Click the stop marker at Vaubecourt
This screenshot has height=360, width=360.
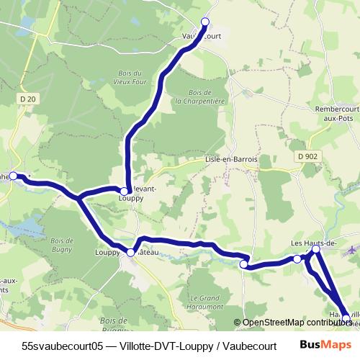[x=204, y=22]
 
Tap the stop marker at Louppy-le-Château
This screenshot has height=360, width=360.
[x=131, y=253]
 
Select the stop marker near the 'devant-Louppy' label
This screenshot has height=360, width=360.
[x=125, y=191]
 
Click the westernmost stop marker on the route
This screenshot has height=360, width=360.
[x=13, y=176]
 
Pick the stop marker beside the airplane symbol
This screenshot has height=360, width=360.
[x=315, y=249]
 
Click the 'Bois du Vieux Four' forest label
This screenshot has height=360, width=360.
[x=145, y=76]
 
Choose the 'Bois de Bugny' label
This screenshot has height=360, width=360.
[x=63, y=244]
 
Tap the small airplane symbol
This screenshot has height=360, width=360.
[x=351, y=250]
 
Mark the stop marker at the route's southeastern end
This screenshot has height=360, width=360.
[x=346, y=318]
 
